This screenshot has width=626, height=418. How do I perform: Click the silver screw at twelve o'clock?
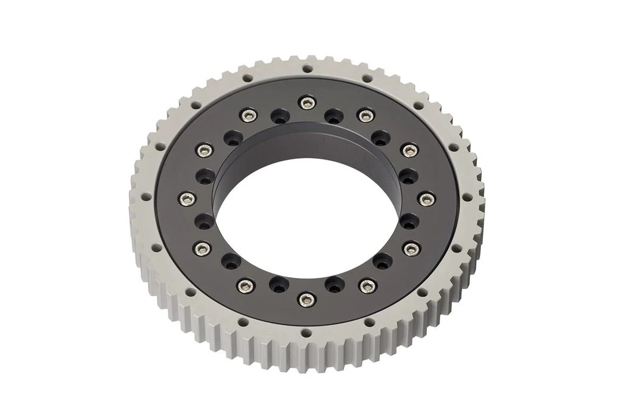pos(307,103)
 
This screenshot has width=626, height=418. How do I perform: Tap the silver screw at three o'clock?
pos(426,199)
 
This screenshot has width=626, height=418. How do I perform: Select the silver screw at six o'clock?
pos(306,299)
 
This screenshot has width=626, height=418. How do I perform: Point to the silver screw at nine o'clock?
pos(187,199)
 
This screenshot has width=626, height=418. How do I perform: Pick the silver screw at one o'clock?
pos(365,115)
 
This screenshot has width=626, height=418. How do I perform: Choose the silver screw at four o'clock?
pos(410,248)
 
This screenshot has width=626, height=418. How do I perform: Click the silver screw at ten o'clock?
pos(204,150)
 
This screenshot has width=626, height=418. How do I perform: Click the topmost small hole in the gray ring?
pos(308,68)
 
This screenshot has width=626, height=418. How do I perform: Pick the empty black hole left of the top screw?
pos(278,116)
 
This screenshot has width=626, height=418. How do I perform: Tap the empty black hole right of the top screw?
pos(334,115)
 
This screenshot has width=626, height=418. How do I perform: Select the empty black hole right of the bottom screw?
pos(334,284)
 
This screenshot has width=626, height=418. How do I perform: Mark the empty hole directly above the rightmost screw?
pos(408,176)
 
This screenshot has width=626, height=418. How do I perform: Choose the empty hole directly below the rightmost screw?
pos(409,222)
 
